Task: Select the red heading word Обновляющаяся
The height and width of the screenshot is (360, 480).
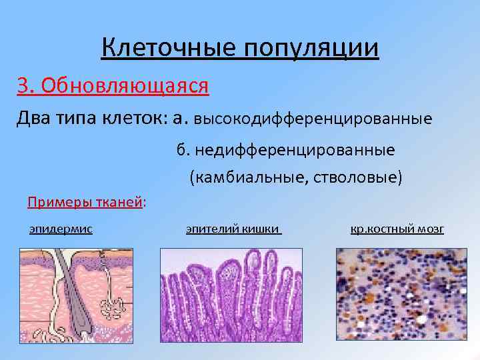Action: (125, 85)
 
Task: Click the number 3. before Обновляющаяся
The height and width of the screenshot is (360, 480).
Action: (26, 85)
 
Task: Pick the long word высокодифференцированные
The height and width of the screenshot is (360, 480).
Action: (313, 120)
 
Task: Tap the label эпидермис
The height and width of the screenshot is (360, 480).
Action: (61, 229)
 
